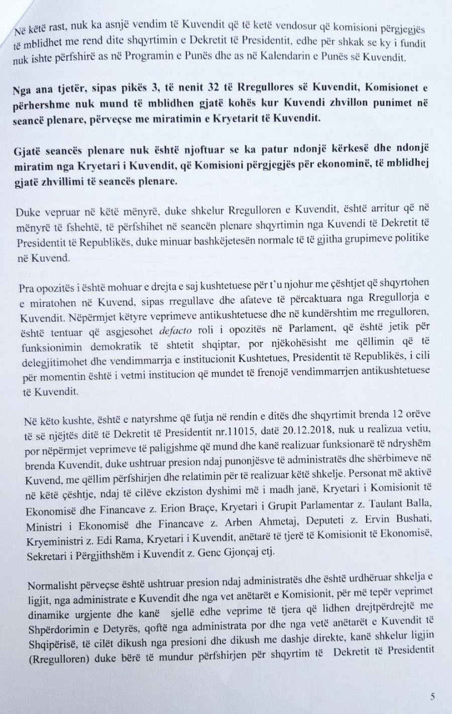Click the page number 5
[x=432, y=696]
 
